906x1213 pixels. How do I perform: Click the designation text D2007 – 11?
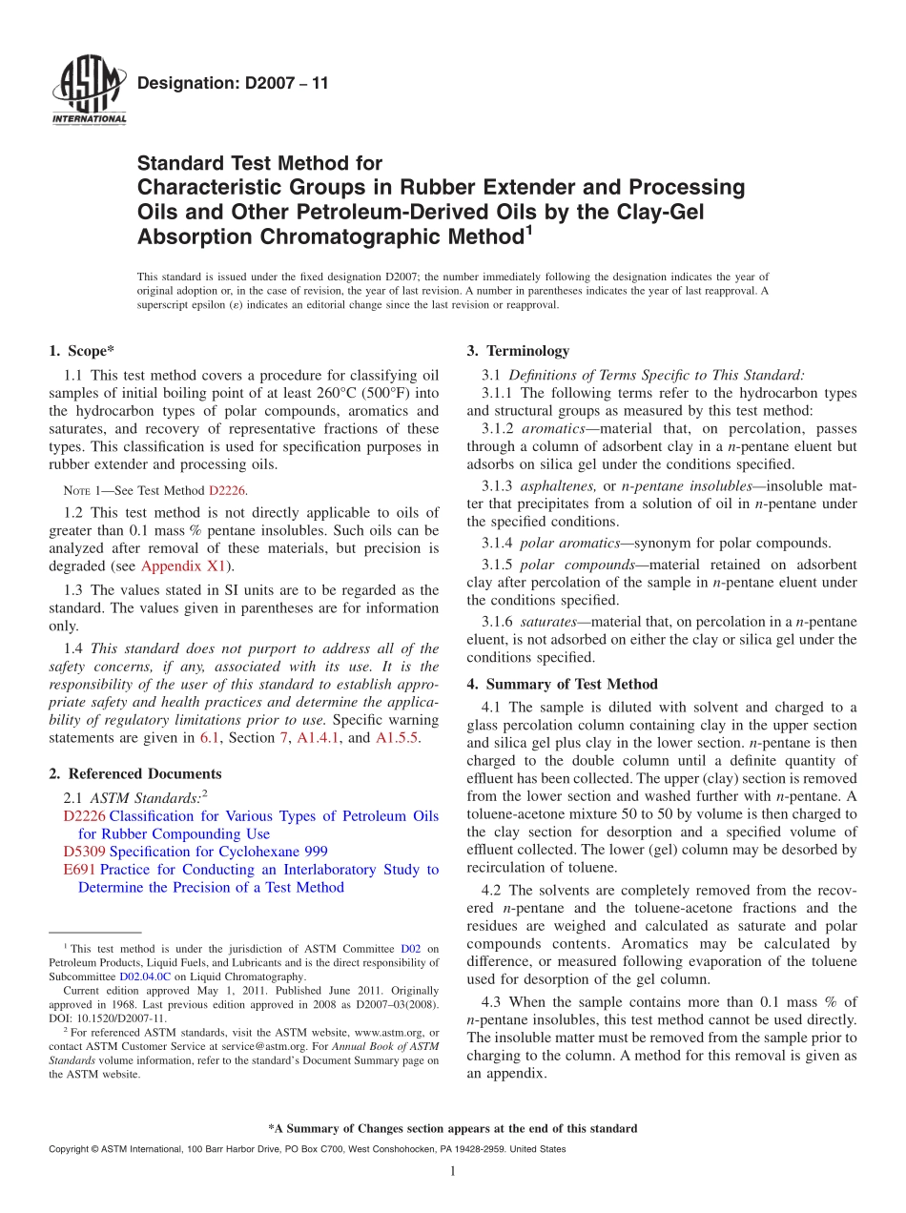coord(233,84)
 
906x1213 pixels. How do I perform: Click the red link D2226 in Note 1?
coord(227,491)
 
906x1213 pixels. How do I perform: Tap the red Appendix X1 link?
coord(182,565)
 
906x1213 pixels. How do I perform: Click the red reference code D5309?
coord(84,852)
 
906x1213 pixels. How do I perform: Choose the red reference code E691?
coord(79,870)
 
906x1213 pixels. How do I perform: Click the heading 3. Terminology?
coord(518,351)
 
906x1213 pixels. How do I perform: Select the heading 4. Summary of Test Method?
coord(562,684)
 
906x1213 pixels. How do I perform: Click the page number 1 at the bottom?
coord(453,1172)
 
